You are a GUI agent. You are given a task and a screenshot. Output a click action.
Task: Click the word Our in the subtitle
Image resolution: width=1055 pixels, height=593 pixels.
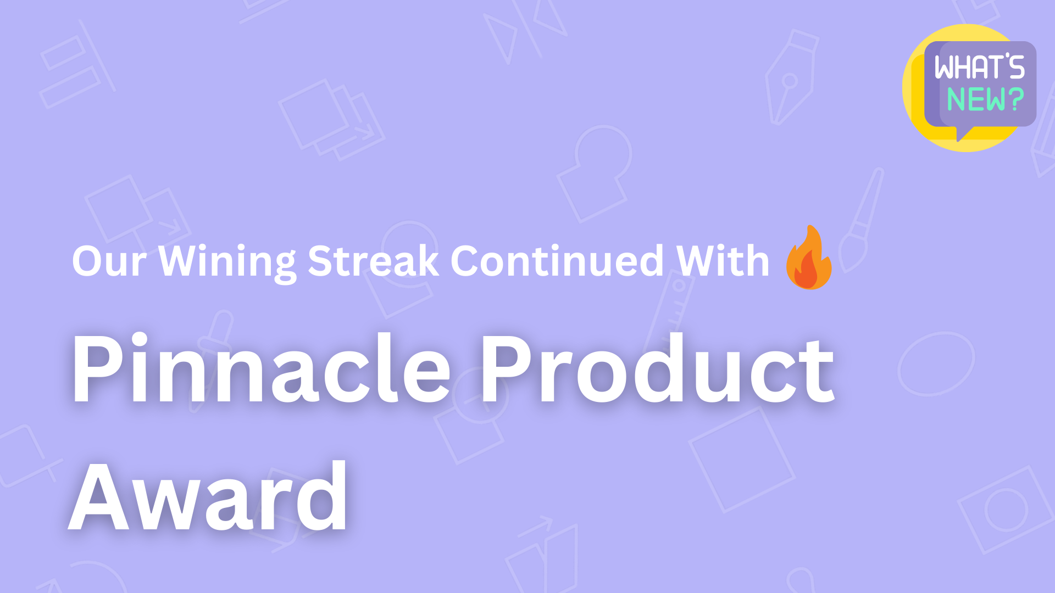[x=109, y=261]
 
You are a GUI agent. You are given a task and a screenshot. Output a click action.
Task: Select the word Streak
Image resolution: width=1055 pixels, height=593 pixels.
[x=373, y=261]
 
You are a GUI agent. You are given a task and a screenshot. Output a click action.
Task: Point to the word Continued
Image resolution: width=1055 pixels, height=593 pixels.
[x=557, y=261]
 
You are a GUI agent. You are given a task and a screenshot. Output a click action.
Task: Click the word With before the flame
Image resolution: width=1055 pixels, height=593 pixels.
[x=723, y=261]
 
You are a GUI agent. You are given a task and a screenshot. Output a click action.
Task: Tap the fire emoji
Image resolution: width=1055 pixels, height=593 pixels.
[x=809, y=258]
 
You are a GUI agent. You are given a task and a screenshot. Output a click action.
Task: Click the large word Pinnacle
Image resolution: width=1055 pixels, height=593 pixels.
[x=261, y=369]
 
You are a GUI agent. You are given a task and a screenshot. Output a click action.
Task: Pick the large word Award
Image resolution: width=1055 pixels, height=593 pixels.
[x=209, y=497]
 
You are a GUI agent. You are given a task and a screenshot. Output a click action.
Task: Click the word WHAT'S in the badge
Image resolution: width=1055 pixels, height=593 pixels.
[x=980, y=67]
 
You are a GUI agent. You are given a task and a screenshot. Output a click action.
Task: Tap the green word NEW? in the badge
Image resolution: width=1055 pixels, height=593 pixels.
[x=985, y=100]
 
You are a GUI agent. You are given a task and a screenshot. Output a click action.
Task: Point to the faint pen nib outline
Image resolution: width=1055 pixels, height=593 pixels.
[x=790, y=77]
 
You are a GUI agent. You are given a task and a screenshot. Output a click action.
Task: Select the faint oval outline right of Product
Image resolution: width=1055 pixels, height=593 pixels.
[x=936, y=363]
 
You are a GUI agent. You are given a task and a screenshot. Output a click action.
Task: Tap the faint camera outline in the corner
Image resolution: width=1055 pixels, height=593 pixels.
[x=1006, y=510]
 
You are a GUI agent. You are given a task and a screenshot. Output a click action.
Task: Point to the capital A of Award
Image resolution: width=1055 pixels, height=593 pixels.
[x=98, y=497]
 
